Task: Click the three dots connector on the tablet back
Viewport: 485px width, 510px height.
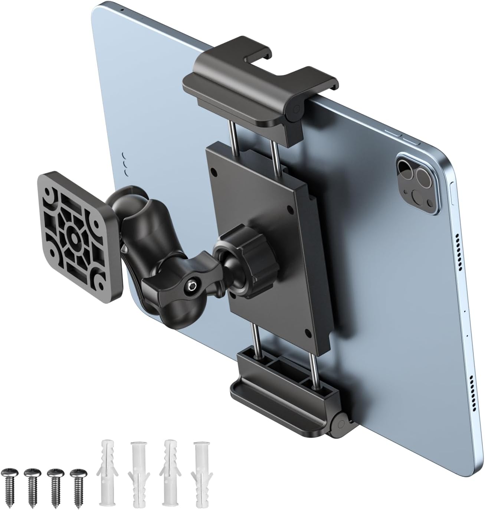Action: [127, 164]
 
